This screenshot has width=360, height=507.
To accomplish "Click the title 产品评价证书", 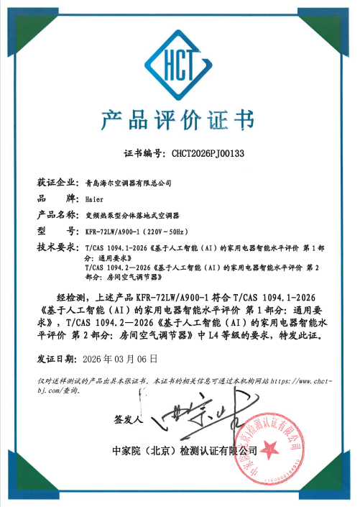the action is (x=179, y=120).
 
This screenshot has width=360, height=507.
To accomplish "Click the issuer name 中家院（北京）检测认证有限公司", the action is (x=180, y=451).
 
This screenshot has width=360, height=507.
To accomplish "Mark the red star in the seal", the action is (x=274, y=447).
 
